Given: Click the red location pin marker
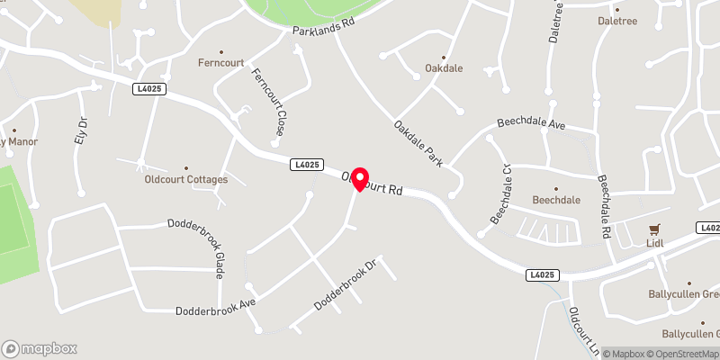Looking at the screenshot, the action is click(359, 178).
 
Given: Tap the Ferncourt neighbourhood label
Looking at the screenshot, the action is click(221, 63).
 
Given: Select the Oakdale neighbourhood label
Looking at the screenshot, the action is click(444, 68).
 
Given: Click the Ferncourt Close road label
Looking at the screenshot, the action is click(267, 102).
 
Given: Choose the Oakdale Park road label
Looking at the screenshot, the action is click(418, 143).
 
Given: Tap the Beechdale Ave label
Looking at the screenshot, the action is click(531, 126).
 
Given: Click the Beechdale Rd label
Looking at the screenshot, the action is click(604, 206).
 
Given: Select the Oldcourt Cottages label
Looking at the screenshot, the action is click(186, 179).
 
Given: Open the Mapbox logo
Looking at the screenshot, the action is click(40, 348).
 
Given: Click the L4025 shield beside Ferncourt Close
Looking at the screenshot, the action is click(307, 165).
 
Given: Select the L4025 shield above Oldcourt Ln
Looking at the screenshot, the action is click(544, 274).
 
